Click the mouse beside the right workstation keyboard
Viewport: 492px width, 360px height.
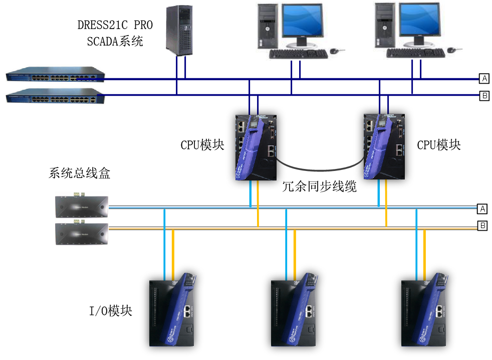click(x=451, y=50)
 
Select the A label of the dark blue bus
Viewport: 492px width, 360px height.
click(x=484, y=78)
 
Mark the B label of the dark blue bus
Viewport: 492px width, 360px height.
click(x=484, y=95)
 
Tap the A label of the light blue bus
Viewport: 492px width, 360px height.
click(x=482, y=209)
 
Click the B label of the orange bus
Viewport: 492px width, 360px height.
click(x=482, y=226)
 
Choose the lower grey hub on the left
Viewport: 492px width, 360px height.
click(x=82, y=234)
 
